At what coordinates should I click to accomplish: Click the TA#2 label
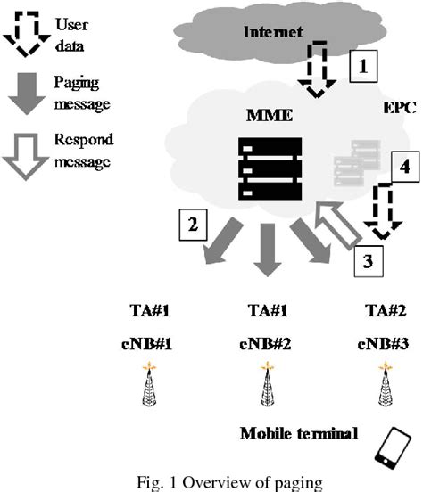384,312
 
